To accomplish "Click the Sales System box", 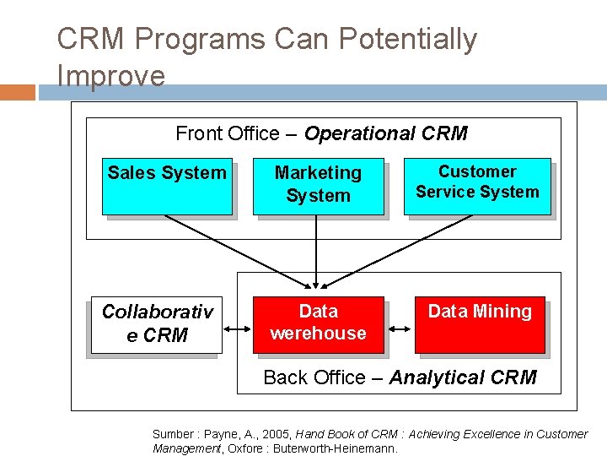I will [167, 186].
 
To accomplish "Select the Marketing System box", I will [318, 186].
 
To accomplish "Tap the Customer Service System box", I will [477, 186].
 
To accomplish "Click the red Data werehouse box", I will [318, 324].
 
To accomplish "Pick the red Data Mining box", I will [480, 324].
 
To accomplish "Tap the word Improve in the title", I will [110, 75].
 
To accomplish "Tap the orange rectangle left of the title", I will [18, 92].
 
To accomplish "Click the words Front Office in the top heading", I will [227, 133].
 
